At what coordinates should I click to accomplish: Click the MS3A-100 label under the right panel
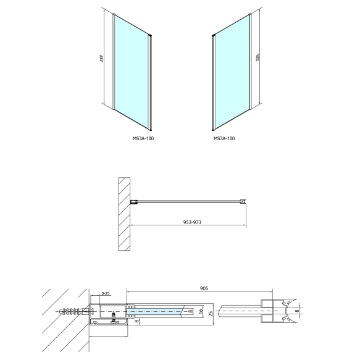tap(224, 138)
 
